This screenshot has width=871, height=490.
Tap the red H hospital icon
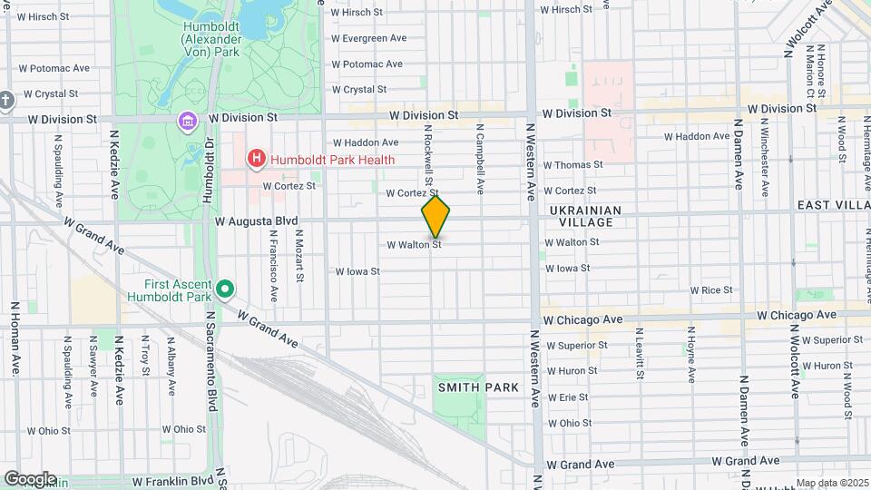257,160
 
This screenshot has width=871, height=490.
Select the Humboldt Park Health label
331,160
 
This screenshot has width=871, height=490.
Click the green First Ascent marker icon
225,290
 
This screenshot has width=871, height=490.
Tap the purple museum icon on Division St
188,120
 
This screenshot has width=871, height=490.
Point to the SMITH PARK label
478,387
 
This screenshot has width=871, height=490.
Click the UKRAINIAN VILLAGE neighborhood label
585,217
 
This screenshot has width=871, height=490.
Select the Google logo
30,478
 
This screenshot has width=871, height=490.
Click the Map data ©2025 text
832,483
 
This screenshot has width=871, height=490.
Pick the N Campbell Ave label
480,160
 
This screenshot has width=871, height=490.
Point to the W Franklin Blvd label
171,482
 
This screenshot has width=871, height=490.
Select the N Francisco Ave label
272,264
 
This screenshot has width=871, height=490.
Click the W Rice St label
711,290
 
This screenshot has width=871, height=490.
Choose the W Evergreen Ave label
368,38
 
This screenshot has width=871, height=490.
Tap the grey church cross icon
5,100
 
